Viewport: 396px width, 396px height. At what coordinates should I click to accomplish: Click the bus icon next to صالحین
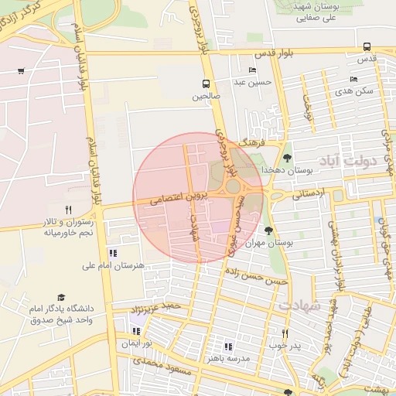207,84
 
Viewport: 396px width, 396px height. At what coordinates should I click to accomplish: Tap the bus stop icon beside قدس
366,46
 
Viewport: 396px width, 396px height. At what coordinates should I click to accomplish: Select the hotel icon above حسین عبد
252,70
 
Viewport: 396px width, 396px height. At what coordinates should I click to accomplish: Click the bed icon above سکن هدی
353,79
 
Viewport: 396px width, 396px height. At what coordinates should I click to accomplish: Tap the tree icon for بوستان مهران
268,230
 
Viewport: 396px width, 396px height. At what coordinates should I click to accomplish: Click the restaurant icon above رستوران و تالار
68,210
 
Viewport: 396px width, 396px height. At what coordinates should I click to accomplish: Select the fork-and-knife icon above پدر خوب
285,333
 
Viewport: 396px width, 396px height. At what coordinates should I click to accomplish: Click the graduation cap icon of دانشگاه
61,298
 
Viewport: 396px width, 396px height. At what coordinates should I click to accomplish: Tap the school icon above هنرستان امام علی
113,253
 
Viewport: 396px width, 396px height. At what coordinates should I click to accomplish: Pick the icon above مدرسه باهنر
227,346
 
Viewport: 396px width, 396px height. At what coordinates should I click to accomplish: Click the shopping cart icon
20,71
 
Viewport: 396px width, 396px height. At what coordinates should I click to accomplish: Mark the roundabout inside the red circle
232,186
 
